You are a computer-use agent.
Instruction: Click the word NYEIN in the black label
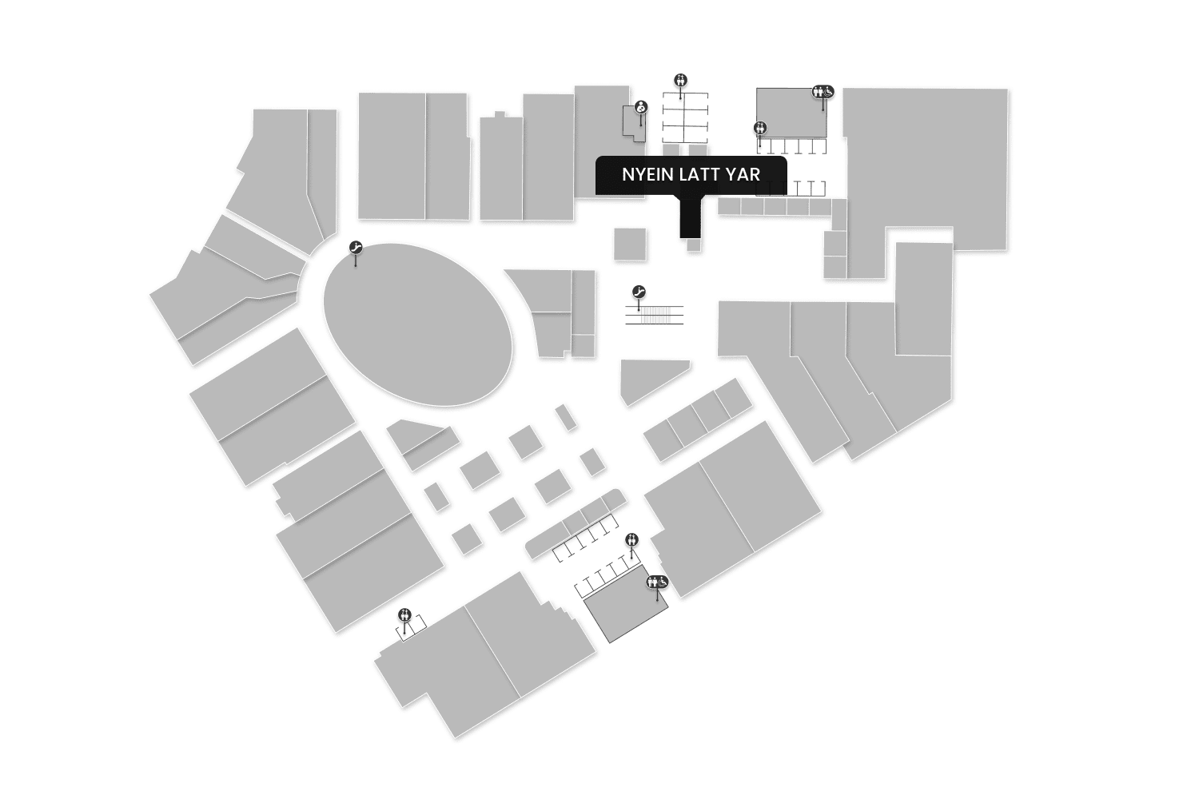tap(647, 174)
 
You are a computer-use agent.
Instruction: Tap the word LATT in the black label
tap(699, 174)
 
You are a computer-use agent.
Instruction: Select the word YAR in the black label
tap(743, 174)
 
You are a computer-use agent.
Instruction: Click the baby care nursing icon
tap(640, 107)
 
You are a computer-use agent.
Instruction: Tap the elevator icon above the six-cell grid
tap(681, 79)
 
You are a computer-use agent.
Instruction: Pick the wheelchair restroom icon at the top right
tap(823, 91)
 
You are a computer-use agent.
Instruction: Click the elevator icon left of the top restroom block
tap(760, 128)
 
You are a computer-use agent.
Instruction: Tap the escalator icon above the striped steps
tap(639, 292)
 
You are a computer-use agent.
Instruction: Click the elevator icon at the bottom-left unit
tap(405, 614)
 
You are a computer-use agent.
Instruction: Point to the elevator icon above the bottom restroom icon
tap(632, 539)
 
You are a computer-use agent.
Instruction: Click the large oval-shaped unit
tap(417, 324)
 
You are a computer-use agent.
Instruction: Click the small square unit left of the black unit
tap(630, 244)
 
